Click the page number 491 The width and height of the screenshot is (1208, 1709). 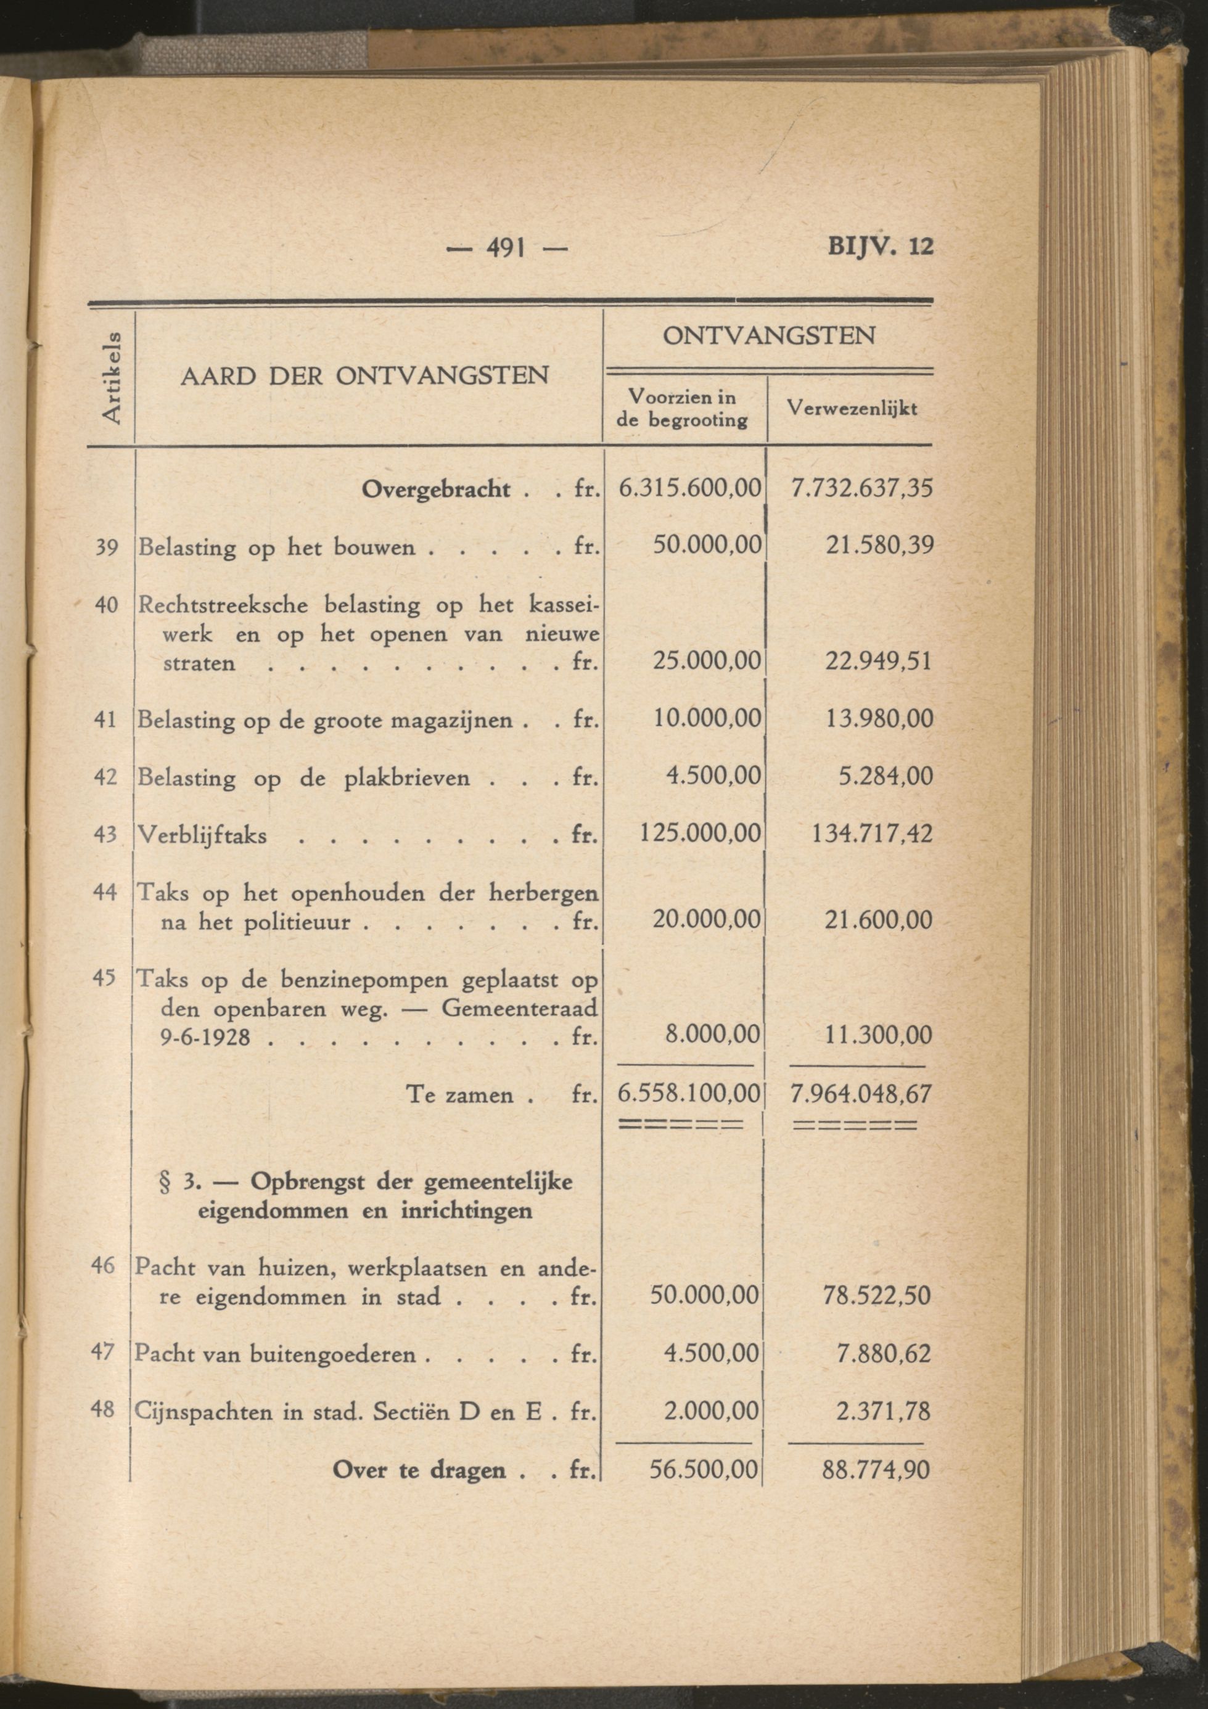pyautogui.click(x=506, y=247)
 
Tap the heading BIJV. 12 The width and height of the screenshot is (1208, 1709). pyautogui.click(x=880, y=247)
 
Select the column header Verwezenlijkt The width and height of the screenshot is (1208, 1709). pyautogui.click(x=852, y=409)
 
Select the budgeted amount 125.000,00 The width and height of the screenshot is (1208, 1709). pyautogui.click(x=701, y=833)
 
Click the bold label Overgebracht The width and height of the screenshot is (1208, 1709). pyautogui.click(x=436, y=490)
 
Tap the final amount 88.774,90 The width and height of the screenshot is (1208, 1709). pyautogui.click(x=876, y=1469)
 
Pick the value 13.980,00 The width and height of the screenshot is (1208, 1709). pyautogui.click(x=878, y=719)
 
